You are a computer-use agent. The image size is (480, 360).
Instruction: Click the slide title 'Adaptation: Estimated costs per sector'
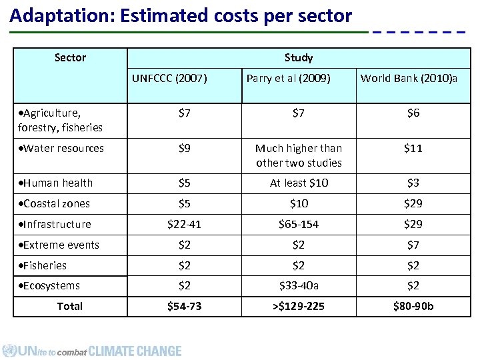click(x=181, y=16)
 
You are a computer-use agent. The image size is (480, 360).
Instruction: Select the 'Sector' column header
click(x=70, y=58)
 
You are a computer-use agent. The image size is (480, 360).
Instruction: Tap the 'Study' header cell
click(x=298, y=58)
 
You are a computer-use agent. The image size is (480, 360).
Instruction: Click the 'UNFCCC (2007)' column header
click(x=169, y=79)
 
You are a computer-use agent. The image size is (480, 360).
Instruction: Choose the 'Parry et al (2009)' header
click(x=288, y=79)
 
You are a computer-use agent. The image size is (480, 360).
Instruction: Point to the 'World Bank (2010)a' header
click(x=413, y=79)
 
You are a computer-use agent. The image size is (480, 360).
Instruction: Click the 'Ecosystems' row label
click(x=49, y=285)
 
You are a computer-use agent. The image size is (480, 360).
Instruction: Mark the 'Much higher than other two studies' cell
click(x=299, y=155)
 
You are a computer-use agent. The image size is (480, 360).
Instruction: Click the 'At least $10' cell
click(x=299, y=183)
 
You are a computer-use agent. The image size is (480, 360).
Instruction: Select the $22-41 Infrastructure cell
click(x=184, y=224)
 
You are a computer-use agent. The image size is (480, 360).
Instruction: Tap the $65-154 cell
click(x=299, y=224)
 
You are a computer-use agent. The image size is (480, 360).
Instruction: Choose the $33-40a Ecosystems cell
click(x=299, y=285)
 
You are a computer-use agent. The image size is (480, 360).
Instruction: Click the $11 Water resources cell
click(x=413, y=148)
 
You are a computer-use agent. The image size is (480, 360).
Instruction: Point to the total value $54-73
click(x=184, y=306)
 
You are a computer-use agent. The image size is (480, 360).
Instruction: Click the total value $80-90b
click(x=413, y=306)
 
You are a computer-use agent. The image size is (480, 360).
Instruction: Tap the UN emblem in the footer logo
click(x=9, y=351)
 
